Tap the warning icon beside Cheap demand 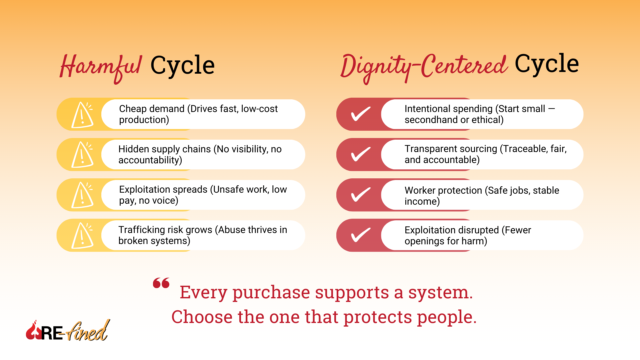pyautogui.click(x=82, y=115)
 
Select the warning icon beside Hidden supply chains pyautogui.click(x=82, y=155)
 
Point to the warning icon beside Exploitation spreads pyautogui.click(x=82, y=195)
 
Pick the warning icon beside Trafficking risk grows pyautogui.click(x=82, y=236)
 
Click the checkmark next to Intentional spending pyautogui.click(x=361, y=114)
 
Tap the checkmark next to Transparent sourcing pyautogui.click(x=361, y=154)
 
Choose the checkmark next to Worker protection pyautogui.click(x=361, y=195)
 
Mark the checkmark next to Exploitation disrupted pyautogui.click(x=361, y=235)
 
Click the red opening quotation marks pyautogui.click(x=161, y=283)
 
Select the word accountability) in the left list pyautogui.click(x=150, y=160)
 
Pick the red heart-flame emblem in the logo pyautogui.click(x=33, y=331)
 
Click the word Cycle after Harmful pyautogui.click(x=182, y=65)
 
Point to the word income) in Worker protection pyautogui.click(x=422, y=201)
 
